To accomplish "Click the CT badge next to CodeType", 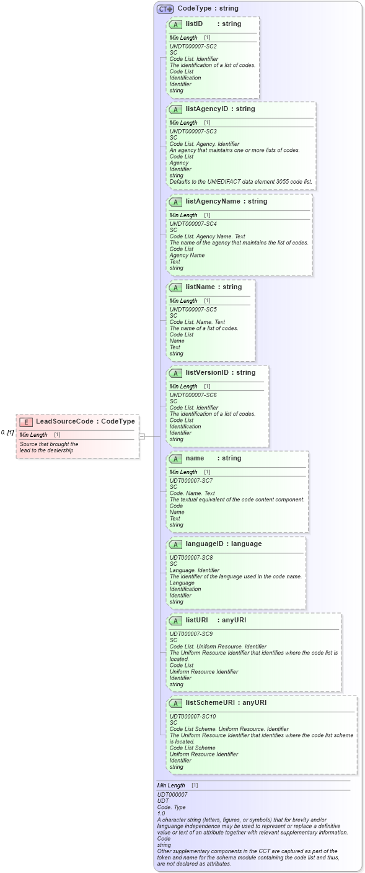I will (165, 9).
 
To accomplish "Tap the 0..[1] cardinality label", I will (7, 432).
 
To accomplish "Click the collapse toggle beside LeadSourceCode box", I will (142, 436).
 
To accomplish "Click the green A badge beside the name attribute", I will (175, 459).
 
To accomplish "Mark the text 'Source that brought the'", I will (49, 444).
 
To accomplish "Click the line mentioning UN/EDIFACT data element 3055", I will (241, 182).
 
